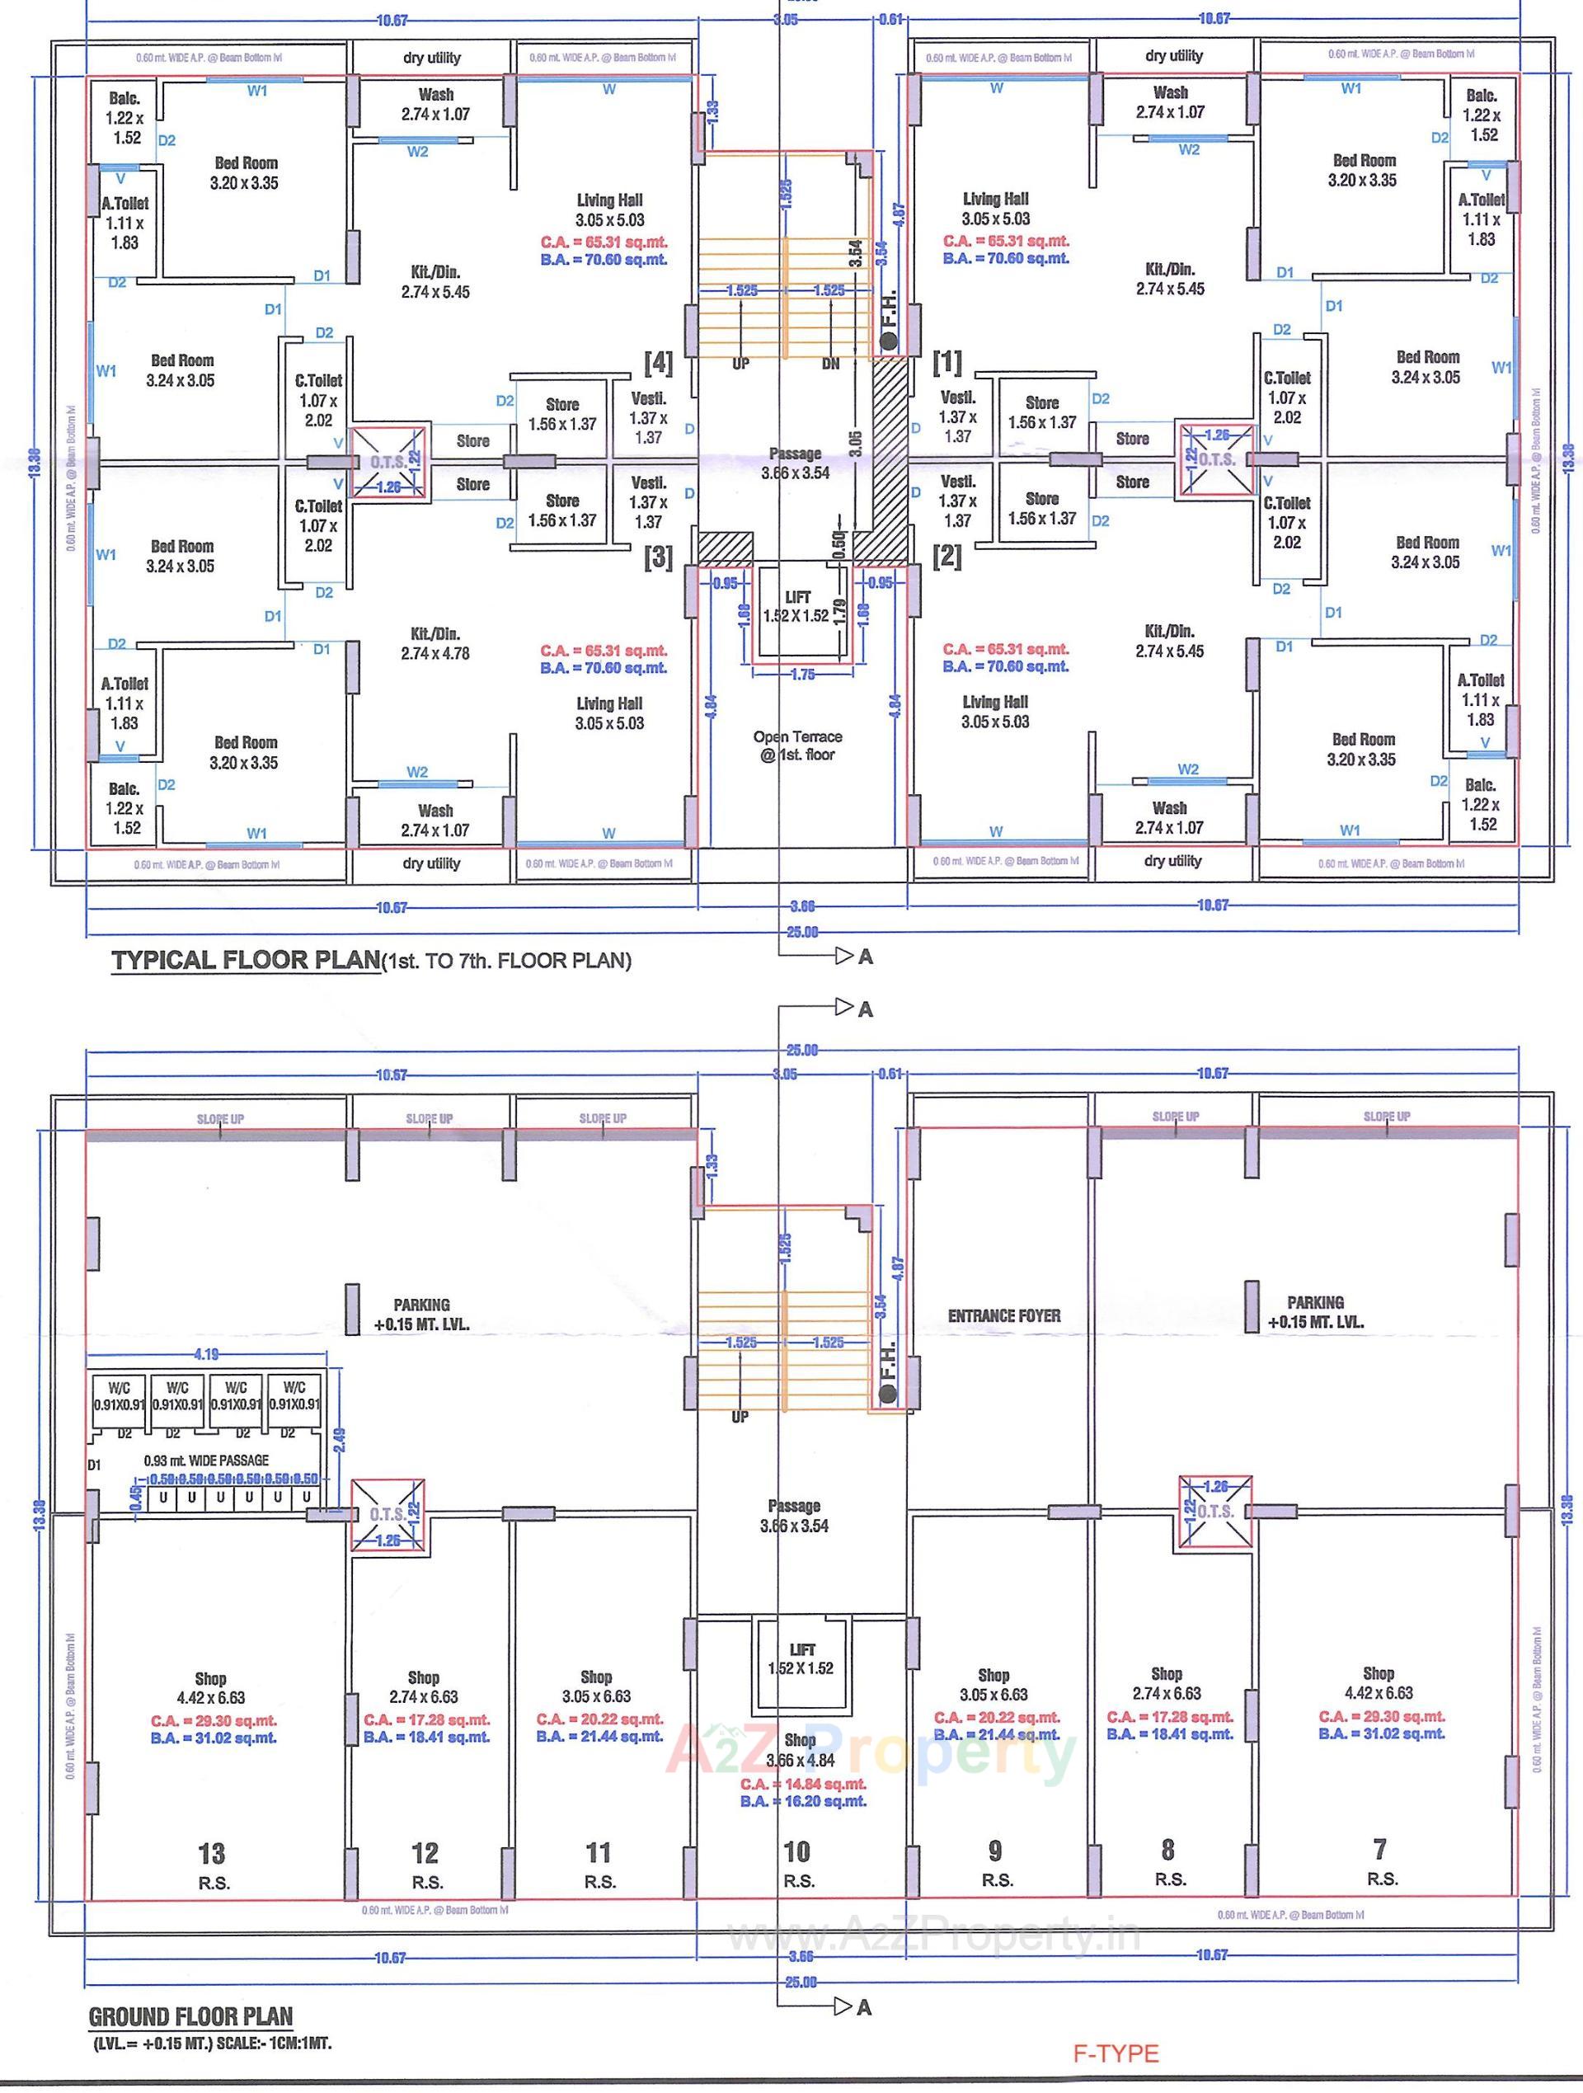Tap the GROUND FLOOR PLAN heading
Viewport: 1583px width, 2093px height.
click(x=190, y=2015)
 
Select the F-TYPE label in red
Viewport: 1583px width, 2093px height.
click(x=1115, y=2053)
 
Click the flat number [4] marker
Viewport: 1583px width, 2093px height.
click(x=658, y=362)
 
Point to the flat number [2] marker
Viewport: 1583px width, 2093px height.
click(x=947, y=557)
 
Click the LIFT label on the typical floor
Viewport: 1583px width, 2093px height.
click(x=797, y=597)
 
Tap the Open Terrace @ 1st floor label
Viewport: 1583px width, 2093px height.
click(x=796, y=745)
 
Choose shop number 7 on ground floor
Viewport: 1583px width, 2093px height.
click(x=1379, y=1848)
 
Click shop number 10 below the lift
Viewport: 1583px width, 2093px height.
click(x=796, y=1851)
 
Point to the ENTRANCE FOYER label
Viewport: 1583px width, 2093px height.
click(x=1004, y=1315)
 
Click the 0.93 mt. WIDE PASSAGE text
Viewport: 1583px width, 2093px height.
click(x=205, y=1460)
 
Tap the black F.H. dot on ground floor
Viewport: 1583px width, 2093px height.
click(x=886, y=1394)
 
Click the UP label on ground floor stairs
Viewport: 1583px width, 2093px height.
click(x=739, y=1417)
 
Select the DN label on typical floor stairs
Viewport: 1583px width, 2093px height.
click(x=829, y=364)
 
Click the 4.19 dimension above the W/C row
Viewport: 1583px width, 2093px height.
click(x=206, y=1354)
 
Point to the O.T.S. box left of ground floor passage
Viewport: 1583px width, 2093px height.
click(x=388, y=1514)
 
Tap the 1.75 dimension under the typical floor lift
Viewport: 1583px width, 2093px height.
click(x=801, y=675)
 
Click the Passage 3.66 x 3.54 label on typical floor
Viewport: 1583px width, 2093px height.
click(x=795, y=463)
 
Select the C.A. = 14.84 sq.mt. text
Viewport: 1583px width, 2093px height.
click(x=802, y=1784)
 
